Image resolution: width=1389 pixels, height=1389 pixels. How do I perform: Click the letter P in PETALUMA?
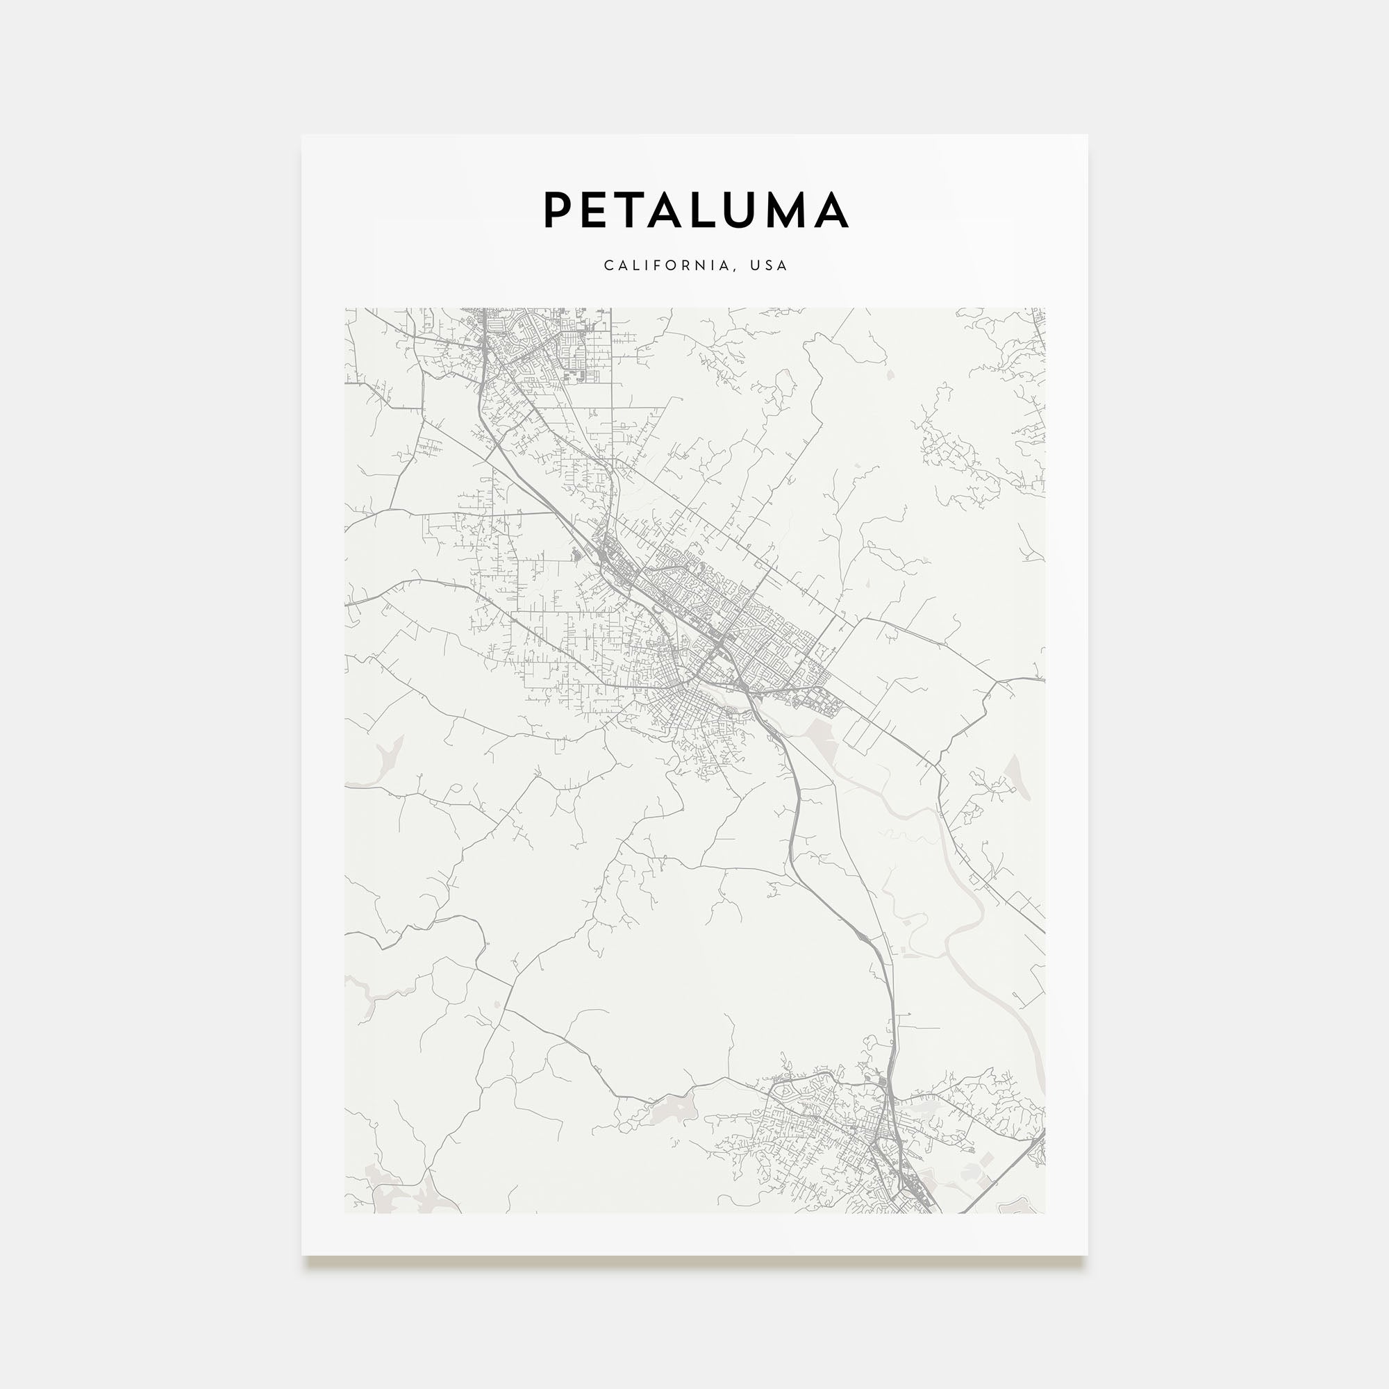(558, 210)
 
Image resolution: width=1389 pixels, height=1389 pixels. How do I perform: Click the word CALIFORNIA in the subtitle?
(667, 266)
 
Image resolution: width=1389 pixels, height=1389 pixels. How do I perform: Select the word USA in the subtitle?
(769, 266)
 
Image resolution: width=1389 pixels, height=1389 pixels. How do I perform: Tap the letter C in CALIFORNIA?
(608, 266)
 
